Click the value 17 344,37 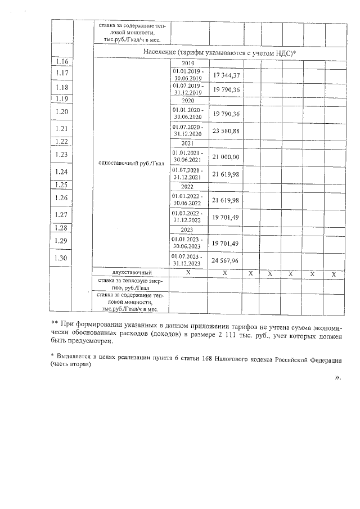coord(226,75)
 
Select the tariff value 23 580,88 coord(226,129)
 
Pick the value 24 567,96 coord(226,259)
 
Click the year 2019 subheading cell coord(188,62)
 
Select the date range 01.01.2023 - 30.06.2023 coord(188,243)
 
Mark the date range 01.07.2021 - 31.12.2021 coord(188,173)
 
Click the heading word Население coord(161,52)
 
